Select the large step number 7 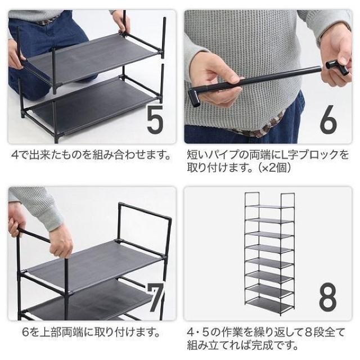156,298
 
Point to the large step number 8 328,298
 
